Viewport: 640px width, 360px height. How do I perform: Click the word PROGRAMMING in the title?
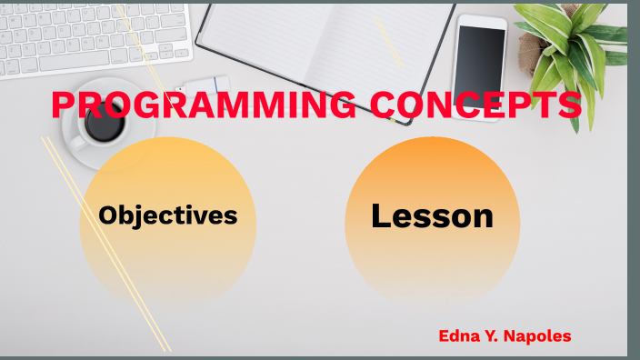[x=204, y=105]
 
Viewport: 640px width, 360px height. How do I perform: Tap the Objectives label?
[x=168, y=215]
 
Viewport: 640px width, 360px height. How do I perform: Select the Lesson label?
[x=432, y=216]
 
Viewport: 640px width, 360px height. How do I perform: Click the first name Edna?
[x=459, y=336]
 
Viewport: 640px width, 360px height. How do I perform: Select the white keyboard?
[x=91, y=36]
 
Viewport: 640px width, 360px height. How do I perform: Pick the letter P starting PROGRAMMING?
[x=64, y=105]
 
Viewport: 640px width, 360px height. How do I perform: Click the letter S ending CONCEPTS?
[x=569, y=105]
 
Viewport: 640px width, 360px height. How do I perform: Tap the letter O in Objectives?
[x=110, y=215]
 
